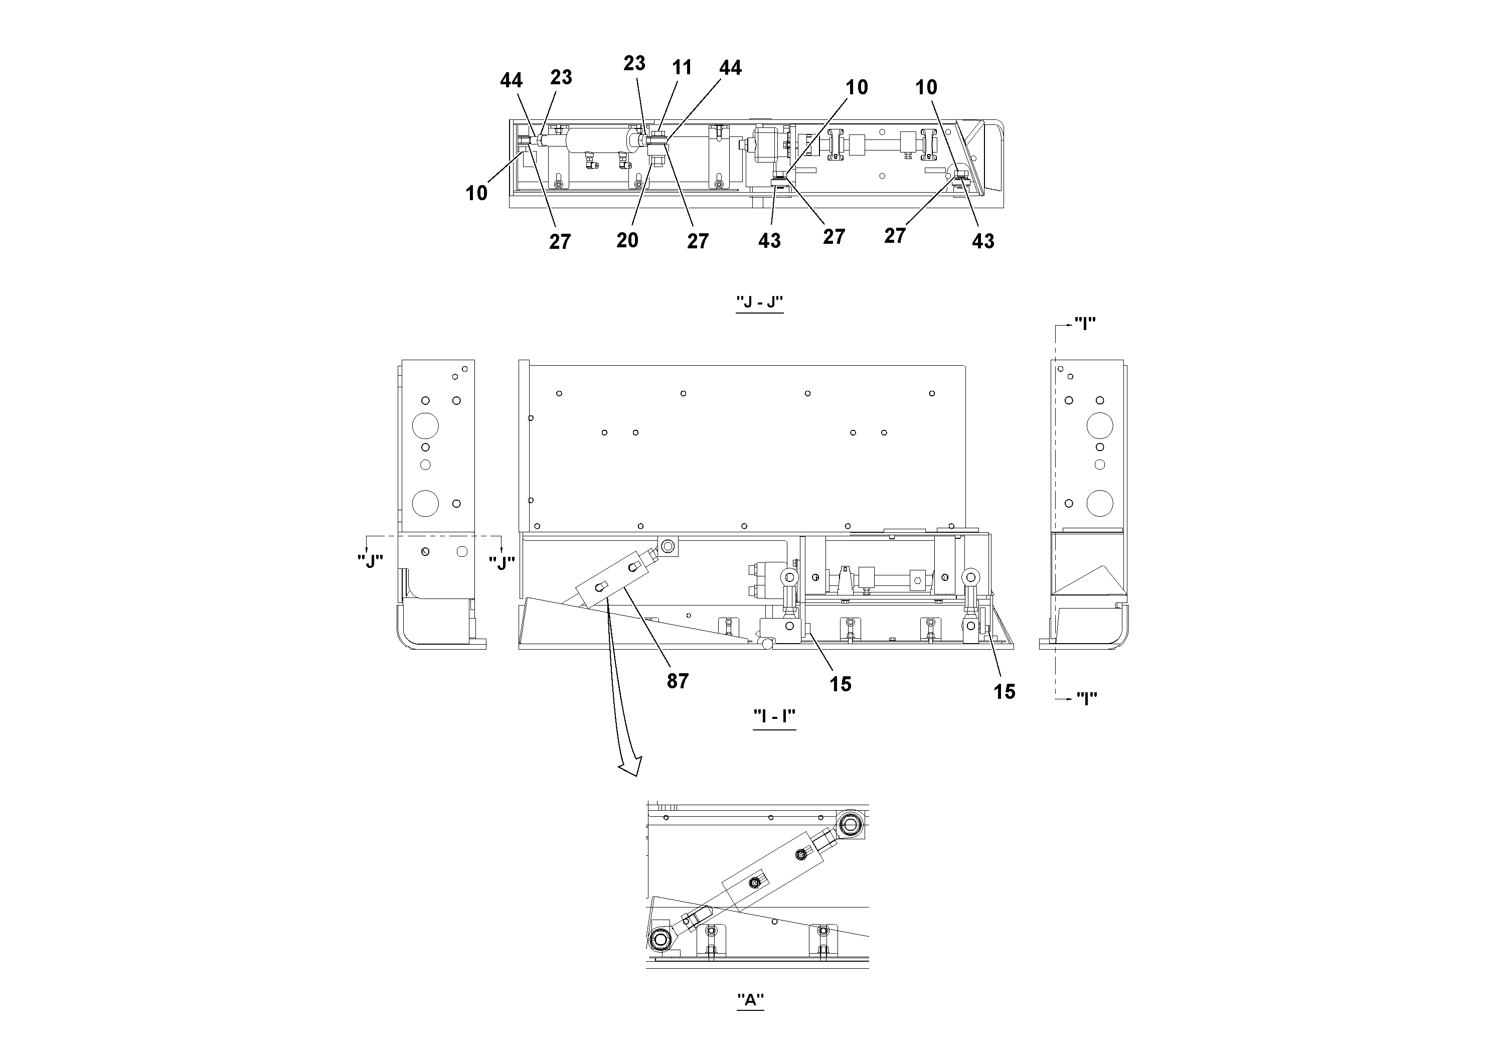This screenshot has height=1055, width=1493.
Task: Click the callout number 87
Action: point(677,681)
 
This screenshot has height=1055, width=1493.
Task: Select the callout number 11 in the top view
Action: point(682,68)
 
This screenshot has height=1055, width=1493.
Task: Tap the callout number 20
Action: point(627,240)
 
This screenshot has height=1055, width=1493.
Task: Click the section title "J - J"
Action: point(759,303)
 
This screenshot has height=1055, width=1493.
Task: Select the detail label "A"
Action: point(750,1000)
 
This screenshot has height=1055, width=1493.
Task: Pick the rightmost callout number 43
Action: point(982,241)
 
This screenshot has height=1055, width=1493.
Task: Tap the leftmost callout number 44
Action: point(511,80)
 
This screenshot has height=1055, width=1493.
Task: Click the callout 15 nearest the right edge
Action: point(1004,691)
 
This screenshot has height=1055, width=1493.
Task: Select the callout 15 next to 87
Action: point(840,684)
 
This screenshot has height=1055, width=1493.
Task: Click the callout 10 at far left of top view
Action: point(476,193)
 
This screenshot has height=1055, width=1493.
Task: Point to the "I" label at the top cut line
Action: point(1085,323)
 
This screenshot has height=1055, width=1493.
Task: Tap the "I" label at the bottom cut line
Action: point(1086,698)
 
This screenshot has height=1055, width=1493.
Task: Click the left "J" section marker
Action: point(370,561)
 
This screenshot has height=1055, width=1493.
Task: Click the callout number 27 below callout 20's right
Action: point(697,241)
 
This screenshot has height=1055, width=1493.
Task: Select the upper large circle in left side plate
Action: point(425,426)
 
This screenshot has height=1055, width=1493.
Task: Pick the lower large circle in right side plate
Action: point(1100,503)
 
